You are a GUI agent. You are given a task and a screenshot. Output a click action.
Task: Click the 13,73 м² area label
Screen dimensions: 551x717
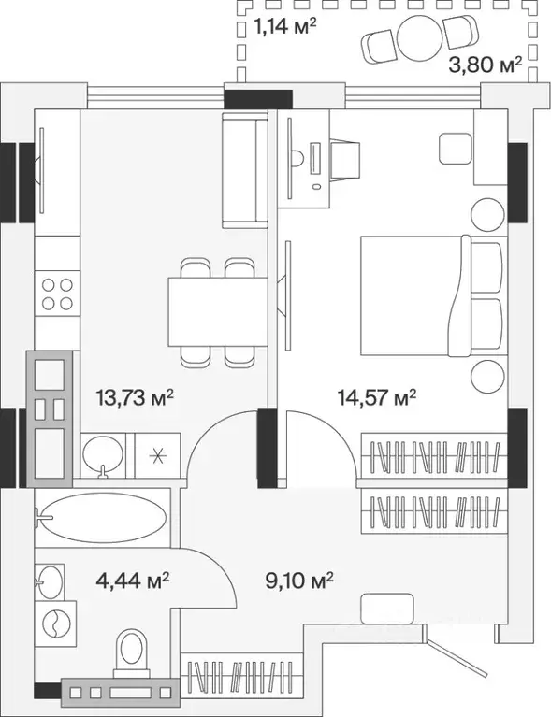pyautogui.click(x=135, y=397)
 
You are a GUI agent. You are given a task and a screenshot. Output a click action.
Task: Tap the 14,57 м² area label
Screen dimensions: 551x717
pyautogui.click(x=377, y=397)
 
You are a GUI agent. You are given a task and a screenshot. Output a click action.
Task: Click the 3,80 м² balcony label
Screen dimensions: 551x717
pyautogui.click(x=486, y=65)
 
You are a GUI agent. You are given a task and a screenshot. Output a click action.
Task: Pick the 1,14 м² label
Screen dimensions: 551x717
pyautogui.click(x=285, y=26)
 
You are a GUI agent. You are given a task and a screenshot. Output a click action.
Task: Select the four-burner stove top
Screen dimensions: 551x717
pyautogui.click(x=57, y=294)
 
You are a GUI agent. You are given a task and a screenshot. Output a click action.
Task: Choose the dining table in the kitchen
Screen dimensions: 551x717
pyautogui.click(x=218, y=311)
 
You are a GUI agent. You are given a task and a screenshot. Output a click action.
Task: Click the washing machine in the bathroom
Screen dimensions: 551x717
pyautogui.click(x=55, y=624)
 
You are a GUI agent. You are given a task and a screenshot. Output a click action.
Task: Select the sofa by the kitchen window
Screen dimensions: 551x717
pyautogui.click(x=244, y=169)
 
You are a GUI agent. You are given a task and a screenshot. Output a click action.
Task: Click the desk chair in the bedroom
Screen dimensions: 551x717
pyautogui.click(x=344, y=159)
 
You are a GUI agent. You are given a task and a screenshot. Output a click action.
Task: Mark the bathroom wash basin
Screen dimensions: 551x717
pyautogui.click(x=50, y=581)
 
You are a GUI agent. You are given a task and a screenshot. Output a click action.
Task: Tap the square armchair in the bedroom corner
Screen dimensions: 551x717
pyautogui.click(x=456, y=148)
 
